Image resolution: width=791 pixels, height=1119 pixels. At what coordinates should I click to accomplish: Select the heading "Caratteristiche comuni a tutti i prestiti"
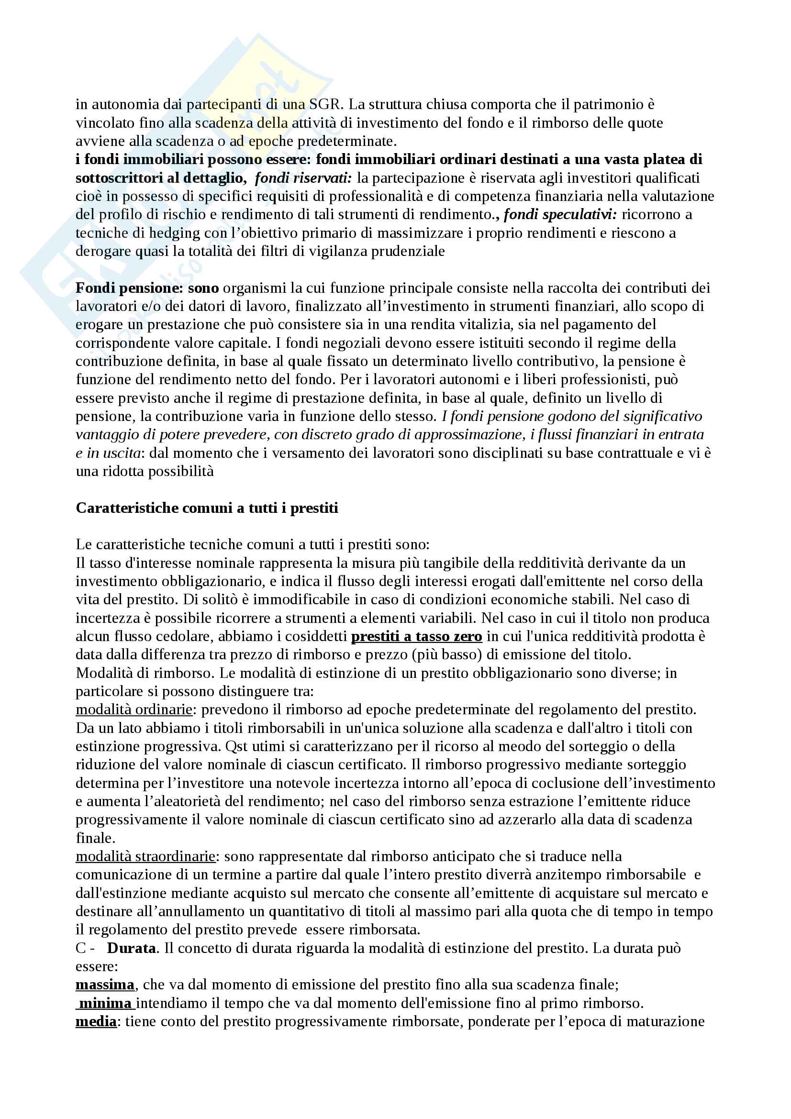click(x=207, y=509)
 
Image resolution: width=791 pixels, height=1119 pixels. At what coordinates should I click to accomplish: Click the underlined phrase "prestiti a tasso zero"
click(x=416, y=636)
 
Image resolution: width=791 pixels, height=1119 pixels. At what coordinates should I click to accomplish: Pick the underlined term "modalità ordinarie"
click(x=134, y=709)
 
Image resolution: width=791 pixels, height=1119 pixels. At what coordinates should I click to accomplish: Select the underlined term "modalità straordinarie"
click(x=145, y=856)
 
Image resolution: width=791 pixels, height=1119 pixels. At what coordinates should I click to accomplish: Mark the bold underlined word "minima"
click(x=105, y=1004)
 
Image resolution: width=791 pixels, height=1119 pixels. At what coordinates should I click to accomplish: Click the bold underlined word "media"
click(x=96, y=1021)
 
